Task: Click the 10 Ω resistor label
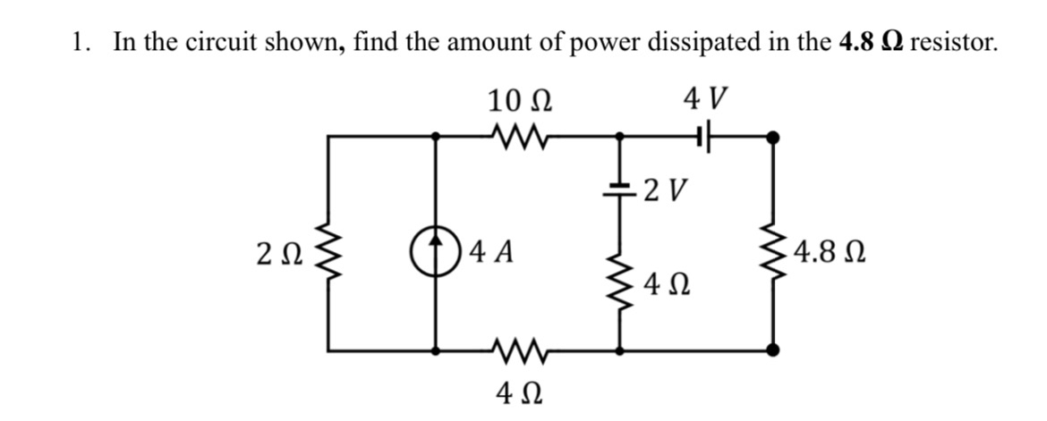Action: click(520, 100)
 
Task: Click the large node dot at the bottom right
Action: click(773, 349)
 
